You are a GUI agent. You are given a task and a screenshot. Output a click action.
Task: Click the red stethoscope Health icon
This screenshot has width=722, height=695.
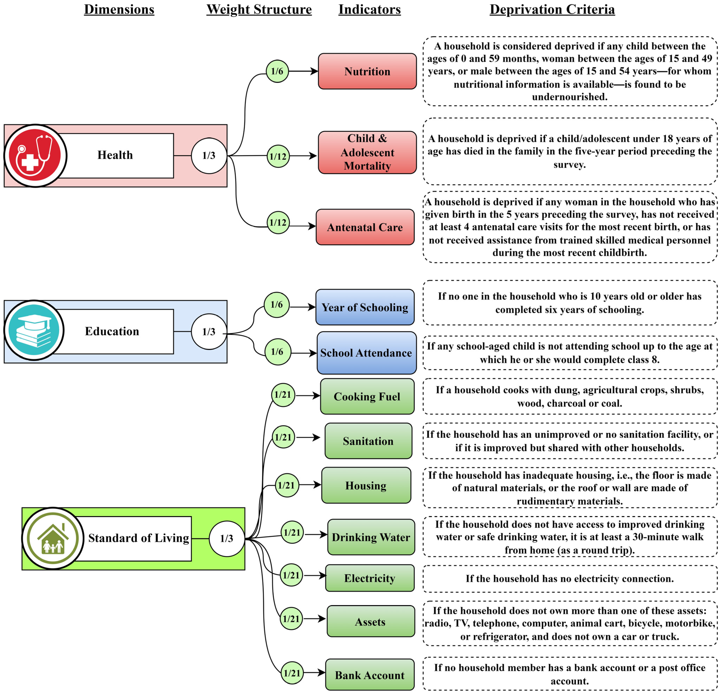[x=35, y=155]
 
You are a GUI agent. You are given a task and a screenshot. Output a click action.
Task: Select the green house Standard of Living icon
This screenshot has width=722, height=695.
[x=53, y=538]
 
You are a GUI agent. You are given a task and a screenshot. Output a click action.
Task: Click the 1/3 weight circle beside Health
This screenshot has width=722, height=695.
[x=209, y=155]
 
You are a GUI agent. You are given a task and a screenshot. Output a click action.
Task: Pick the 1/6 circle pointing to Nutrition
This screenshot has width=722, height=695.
[x=277, y=71]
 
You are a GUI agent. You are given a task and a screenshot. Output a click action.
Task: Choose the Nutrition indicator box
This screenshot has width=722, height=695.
[x=367, y=71]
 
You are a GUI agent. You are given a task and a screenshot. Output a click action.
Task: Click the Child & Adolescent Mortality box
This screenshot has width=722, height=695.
[x=367, y=152]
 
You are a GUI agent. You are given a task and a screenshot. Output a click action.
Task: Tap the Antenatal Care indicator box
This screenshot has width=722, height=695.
[x=365, y=227]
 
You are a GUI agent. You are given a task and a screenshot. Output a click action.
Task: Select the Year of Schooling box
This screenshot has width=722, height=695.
[x=365, y=307]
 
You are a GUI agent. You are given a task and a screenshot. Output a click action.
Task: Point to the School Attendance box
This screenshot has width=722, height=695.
[x=367, y=353]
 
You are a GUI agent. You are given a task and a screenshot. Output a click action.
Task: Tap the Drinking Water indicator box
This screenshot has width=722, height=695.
[x=371, y=537]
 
